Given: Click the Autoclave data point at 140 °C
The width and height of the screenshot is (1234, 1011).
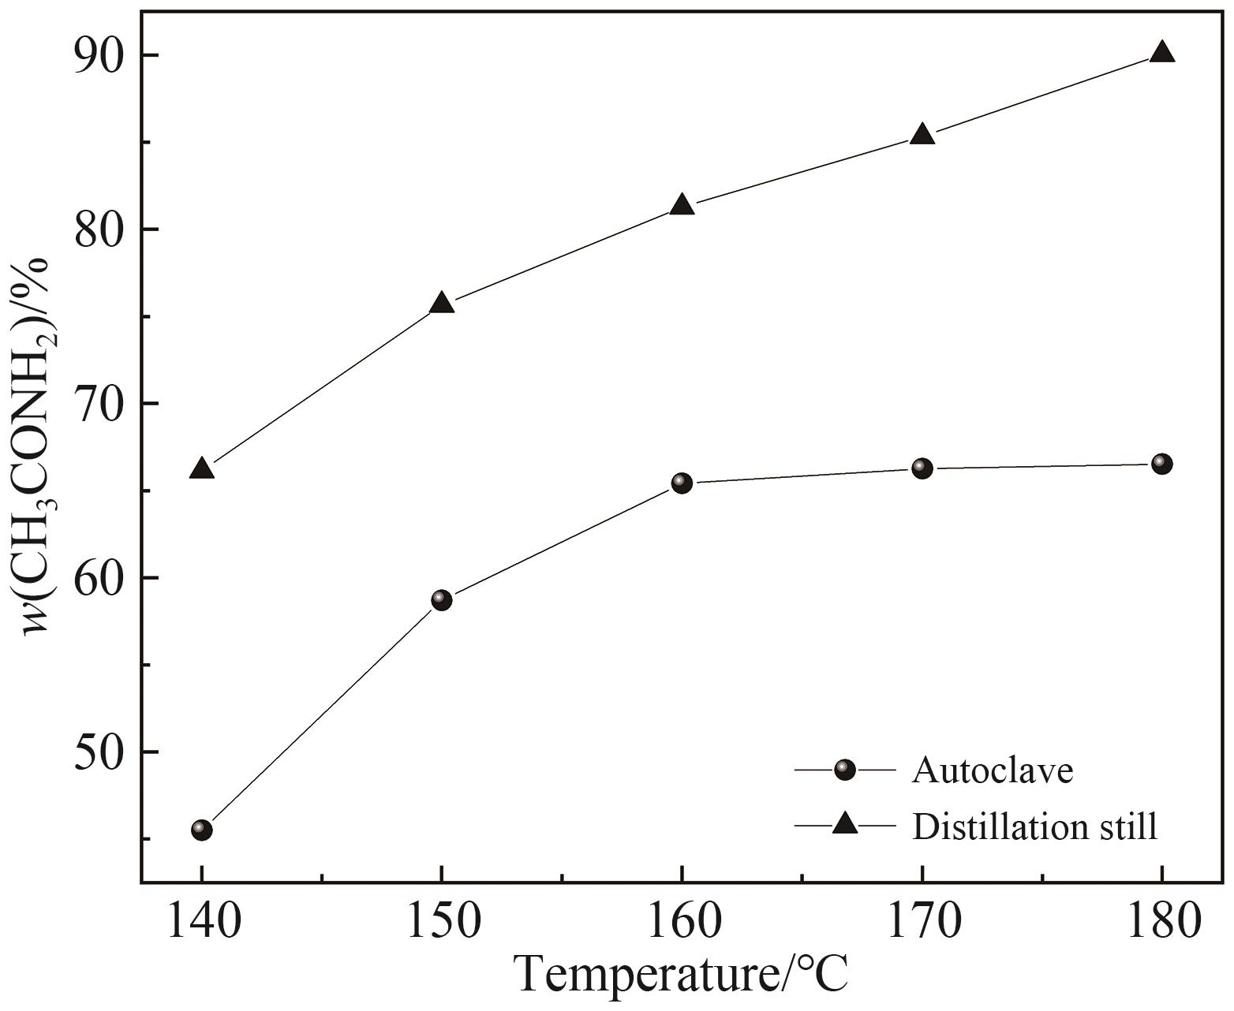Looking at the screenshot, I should pyautogui.click(x=202, y=830).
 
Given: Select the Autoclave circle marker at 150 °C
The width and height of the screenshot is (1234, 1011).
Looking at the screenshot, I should pyautogui.click(x=442, y=600).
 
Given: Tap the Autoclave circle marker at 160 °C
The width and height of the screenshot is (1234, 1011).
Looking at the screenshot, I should pyautogui.click(x=682, y=483).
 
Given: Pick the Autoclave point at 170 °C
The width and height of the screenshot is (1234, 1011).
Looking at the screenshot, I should pyautogui.click(x=922, y=468).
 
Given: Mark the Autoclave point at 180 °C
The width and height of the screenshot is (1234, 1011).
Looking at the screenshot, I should pyautogui.click(x=1162, y=464).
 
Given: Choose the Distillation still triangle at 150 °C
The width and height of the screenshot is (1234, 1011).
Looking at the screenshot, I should pyautogui.click(x=442, y=304).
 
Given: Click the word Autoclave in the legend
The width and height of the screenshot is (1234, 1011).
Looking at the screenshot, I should pyautogui.click(x=993, y=770).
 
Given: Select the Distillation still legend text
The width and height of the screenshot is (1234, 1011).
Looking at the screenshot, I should pyautogui.click(x=1035, y=826).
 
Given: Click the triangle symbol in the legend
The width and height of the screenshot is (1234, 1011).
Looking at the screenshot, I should pyautogui.click(x=845, y=825).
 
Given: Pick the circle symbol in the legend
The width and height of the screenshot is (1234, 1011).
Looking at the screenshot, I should pyautogui.click(x=845, y=770).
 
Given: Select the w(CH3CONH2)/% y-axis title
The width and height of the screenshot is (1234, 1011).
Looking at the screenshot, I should pyautogui.click(x=36, y=446).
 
